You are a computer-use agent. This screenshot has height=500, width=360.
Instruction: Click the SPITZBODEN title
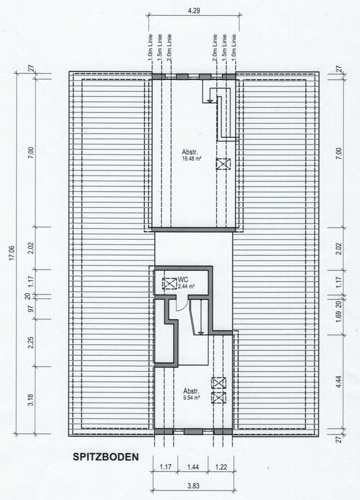pyautogui.click(x=105, y=456)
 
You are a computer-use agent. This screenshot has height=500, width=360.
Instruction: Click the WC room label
pyautogui.click(x=183, y=280)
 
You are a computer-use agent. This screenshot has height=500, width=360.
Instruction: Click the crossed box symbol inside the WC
pyautogui.click(x=170, y=283)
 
